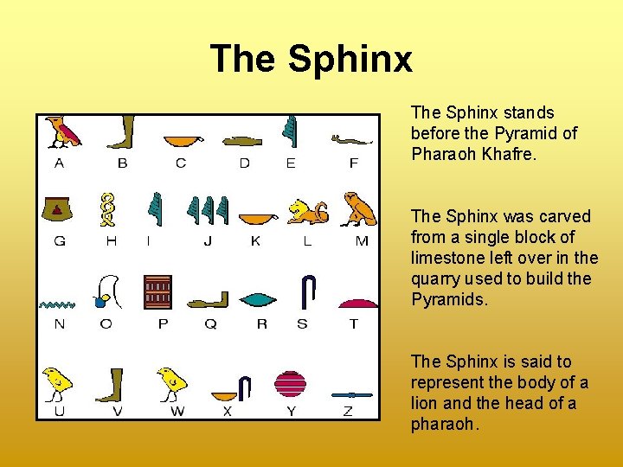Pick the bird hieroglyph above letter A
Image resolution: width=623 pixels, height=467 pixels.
click(62, 131)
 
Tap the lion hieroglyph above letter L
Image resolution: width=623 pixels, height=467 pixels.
click(307, 212)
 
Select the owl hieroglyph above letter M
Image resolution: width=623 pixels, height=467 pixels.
click(358, 208)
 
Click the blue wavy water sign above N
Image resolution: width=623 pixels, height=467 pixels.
click(57, 304)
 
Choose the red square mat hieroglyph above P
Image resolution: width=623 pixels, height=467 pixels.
click(158, 292)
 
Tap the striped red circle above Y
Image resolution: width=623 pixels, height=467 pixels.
click(290, 383)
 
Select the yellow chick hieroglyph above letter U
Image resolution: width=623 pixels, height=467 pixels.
click(57, 381)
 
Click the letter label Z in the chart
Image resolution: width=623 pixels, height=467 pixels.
click(348, 412)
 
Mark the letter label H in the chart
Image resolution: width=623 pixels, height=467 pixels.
click(111, 241)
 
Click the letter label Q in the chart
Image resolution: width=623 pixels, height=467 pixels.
click(210, 324)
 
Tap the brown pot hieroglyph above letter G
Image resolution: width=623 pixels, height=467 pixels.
click(58, 208)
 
